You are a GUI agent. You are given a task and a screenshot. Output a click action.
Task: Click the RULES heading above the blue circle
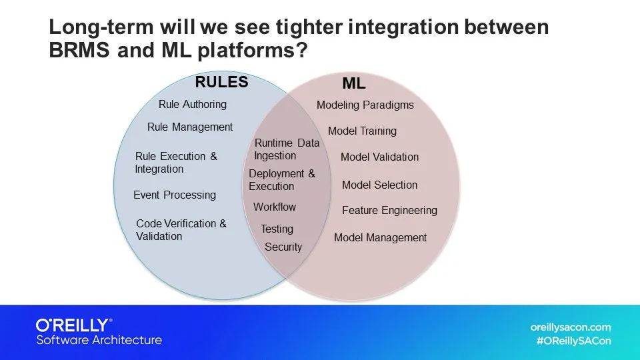pyautogui.click(x=221, y=83)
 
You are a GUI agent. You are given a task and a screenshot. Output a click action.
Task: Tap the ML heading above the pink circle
pyautogui.click(x=354, y=84)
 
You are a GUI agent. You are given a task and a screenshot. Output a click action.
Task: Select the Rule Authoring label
pyautogui.click(x=193, y=105)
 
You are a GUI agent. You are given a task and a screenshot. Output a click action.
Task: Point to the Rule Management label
pyautogui.click(x=190, y=127)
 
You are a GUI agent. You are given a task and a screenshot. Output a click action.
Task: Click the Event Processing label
pyautogui.click(x=175, y=195)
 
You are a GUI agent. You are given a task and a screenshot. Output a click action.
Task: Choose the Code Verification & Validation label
pyautogui.click(x=181, y=230)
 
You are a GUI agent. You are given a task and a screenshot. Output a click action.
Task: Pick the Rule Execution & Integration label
pyautogui.click(x=176, y=163)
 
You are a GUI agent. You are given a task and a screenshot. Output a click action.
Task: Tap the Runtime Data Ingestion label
pyautogui.click(x=287, y=149)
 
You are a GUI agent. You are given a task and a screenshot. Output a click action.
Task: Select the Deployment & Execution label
pyautogui.click(x=281, y=180)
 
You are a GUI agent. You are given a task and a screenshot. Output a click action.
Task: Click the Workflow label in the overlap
pyautogui.click(x=275, y=207)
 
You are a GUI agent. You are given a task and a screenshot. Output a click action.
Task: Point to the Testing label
pyautogui.click(x=277, y=229)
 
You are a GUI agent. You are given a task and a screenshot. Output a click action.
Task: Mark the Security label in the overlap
pyautogui.click(x=283, y=247)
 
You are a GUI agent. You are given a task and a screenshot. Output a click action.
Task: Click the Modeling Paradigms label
pyautogui.click(x=365, y=105)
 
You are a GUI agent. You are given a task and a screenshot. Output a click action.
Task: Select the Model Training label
pyautogui.click(x=362, y=131)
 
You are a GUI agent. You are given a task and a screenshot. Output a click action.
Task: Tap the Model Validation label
pyautogui.click(x=379, y=157)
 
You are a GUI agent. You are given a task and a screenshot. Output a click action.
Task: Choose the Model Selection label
pyautogui.click(x=379, y=185)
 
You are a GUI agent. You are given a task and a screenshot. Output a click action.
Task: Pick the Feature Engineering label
pyautogui.click(x=389, y=211)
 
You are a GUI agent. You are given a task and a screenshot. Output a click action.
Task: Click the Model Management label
pyautogui.click(x=380, y=238)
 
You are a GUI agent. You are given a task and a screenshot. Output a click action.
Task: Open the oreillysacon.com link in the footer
pyautogui.click(x=571, y=327)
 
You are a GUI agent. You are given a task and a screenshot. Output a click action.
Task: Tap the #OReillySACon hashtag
pyautogui.click(x=573, y=341)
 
